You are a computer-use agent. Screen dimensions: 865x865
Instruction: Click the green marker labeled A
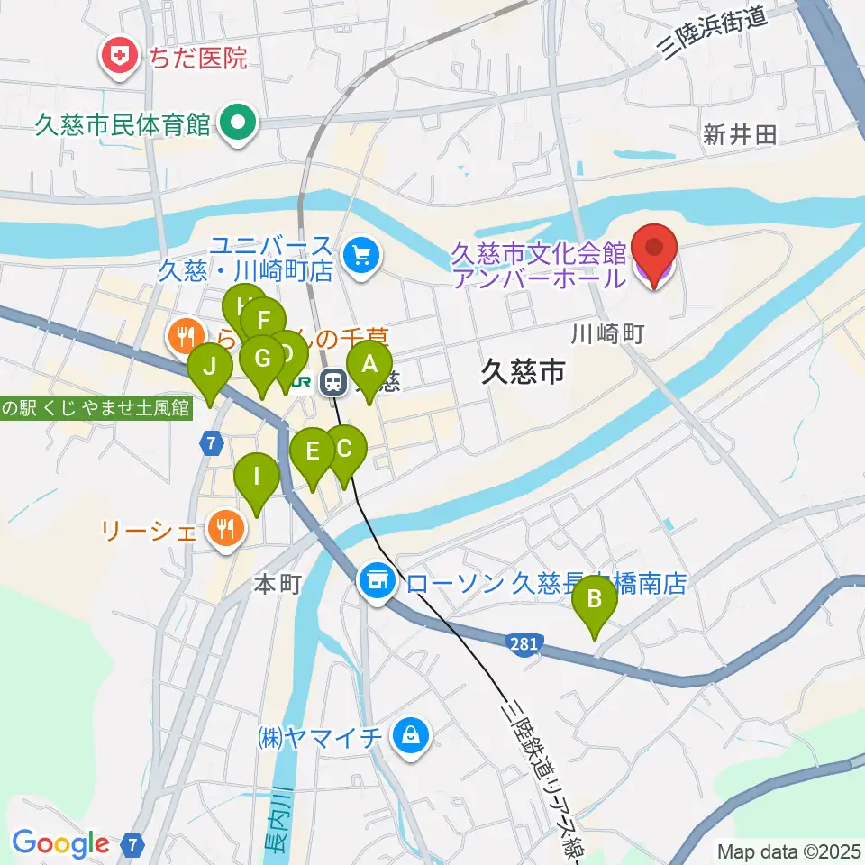(x=369, y=365)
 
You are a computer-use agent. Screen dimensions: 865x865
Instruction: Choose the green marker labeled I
(x=257, y=476)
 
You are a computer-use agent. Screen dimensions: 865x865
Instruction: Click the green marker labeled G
(x=262, y=359)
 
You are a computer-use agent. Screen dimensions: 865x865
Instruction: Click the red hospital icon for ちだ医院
(x=118, y=59)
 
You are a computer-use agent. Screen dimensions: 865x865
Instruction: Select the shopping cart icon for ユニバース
(x=362, y=256)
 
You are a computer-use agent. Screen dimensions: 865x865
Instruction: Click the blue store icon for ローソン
(x=377, y=581)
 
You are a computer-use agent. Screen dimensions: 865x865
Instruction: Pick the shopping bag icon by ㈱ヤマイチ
(x=410, y=736)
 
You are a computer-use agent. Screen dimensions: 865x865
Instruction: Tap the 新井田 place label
(x=740, y=136)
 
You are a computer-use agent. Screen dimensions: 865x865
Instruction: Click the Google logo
(x=60, y=844)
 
